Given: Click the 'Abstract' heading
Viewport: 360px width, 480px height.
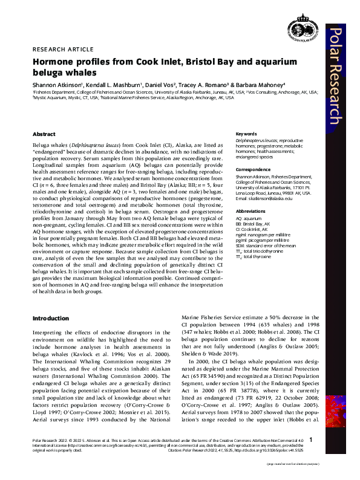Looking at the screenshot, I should [44, 134].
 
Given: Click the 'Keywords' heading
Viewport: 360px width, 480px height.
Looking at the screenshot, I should [246, 134].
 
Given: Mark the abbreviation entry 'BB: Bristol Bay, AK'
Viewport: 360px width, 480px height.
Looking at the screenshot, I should [253, 223].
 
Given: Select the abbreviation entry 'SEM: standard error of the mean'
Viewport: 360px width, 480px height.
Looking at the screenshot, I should [266, 247].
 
